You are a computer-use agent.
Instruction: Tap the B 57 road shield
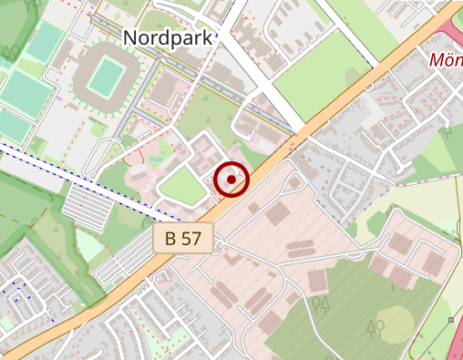183,240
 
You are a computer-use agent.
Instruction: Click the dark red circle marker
232,180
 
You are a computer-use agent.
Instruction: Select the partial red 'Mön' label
446,61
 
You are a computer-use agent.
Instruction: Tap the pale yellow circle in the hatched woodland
396,325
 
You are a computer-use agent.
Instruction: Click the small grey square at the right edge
451,320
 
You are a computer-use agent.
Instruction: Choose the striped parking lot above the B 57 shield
91,207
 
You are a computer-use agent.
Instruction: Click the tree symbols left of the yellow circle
375,325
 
